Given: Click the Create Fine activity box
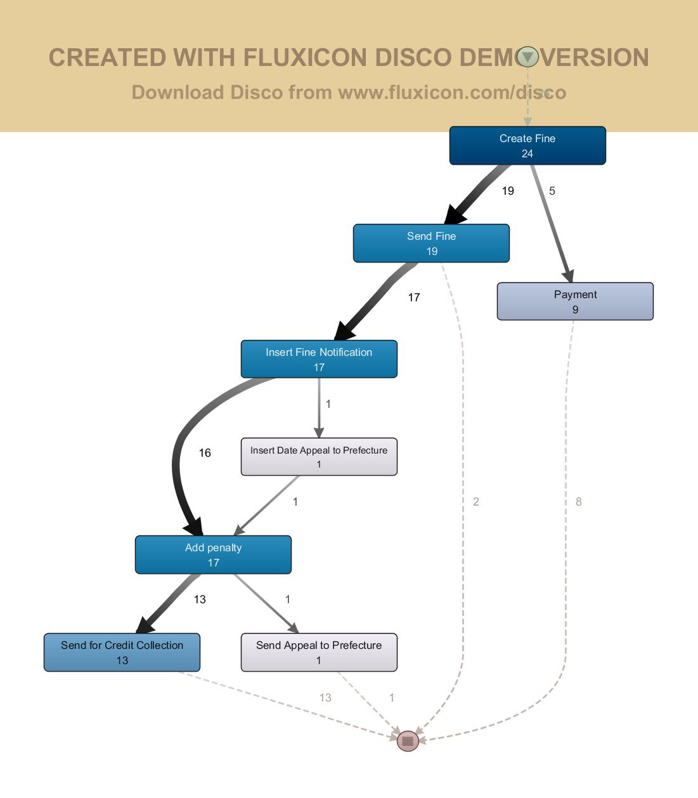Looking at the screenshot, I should (527, 146).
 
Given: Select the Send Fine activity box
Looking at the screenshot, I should (431, 244).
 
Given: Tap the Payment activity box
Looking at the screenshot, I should (575, 302).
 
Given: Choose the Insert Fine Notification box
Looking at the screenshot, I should (319, 360).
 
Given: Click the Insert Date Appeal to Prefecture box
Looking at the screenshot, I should (319, 457).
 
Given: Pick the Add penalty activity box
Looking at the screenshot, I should (213, 555).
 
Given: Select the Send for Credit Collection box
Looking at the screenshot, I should (122, 653).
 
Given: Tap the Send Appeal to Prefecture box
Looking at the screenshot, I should (319, 653).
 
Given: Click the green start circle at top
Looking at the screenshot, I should (527, 57).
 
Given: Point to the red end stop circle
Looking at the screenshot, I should (408, 741).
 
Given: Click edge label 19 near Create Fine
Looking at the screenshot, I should (508, 191).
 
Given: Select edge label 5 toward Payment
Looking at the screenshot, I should (552, 191).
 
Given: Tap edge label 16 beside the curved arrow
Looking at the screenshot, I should (205, 453).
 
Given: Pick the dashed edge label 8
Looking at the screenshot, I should (578, 502).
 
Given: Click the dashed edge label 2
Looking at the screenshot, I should (476, 502).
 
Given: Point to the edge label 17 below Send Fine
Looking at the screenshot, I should (414, 298).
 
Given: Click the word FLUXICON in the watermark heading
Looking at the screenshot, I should (306, 58).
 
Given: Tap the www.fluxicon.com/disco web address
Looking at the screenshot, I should (452, 93).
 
